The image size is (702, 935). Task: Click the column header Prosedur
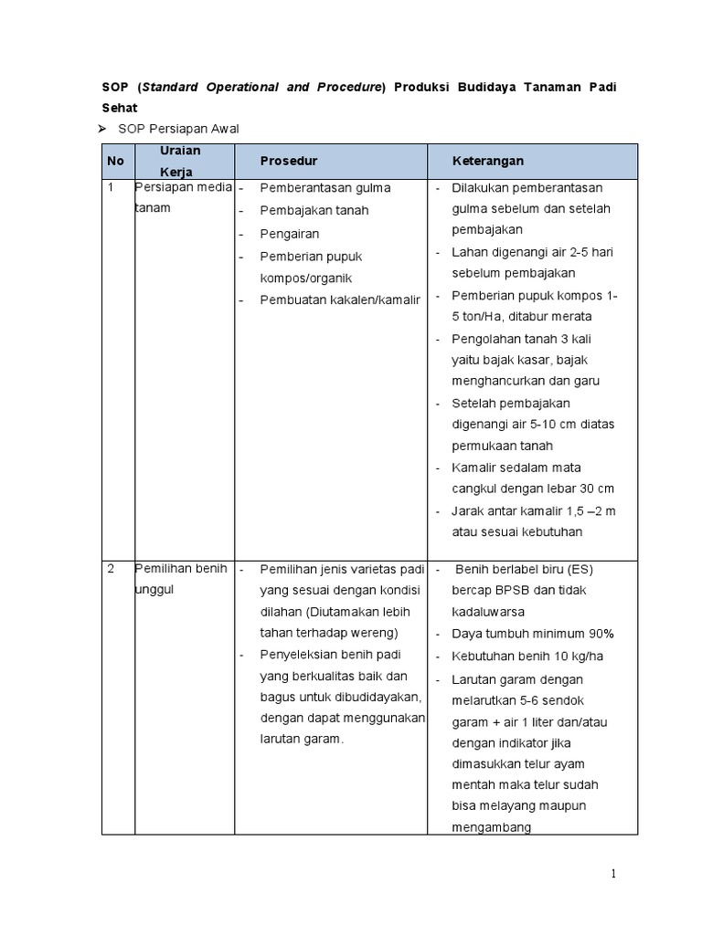[x=289, y=161]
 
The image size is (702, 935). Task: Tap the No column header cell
[x=115, y=161]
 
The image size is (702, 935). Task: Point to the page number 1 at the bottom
[x=613, y=875]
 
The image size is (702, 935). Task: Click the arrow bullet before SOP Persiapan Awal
[x=104, y=129]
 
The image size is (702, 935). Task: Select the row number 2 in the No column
[x=111, y=569]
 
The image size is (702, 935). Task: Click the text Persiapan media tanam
[x=182, y=197]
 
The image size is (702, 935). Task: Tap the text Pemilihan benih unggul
[x=180, y=579]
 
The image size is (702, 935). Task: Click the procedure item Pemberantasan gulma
[x=324, y=188]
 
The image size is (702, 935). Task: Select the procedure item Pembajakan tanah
[x=314, y=211]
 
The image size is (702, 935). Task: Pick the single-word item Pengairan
[x=290, y=234]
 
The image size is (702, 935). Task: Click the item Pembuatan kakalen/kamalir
[x=339, y=299]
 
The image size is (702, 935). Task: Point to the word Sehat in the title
[x=119, y=107]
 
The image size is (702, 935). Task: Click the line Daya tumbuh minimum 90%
[x=532, y=634]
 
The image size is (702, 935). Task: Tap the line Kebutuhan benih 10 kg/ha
[x=527, y=657]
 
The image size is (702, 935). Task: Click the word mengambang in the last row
[x=491, y=828]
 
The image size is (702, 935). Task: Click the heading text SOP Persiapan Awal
[x=179, y=129]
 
